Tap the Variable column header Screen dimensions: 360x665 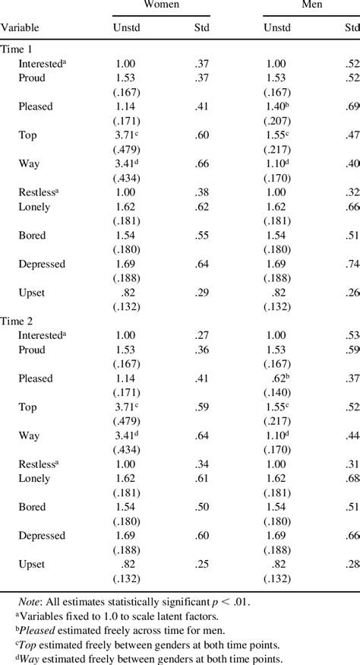(x=20, y=28)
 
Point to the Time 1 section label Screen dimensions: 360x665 (x=17, y=49)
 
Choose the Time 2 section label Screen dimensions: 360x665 (x=17, y=321)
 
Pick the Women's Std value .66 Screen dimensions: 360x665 (x=202, y=163)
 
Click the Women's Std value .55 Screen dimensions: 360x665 (x=202, y=236)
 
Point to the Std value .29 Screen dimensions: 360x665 (x=202, y=293)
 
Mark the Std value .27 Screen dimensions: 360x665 (x=202, y=336)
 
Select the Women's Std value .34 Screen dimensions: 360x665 (x=202, y=464)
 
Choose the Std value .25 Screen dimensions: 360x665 (x=202, y=565)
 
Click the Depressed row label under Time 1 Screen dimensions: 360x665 (x=43, y=264)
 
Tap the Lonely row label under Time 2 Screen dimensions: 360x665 (x=35, y=479)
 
